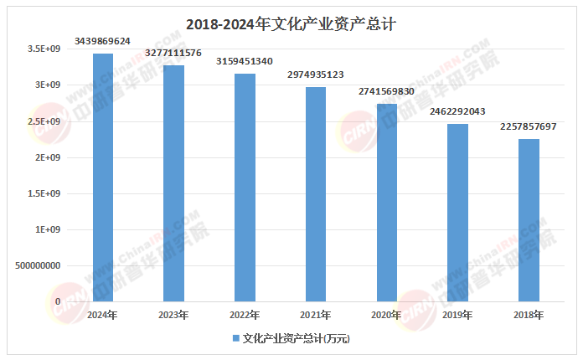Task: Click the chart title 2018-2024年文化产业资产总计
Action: [x=291, y=24]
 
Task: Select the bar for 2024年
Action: [x=102, y=177]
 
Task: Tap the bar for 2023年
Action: [x=173, y=183]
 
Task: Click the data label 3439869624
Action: [x=102, y=40]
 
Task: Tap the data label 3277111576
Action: [x=173, y=52]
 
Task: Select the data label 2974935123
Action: [x=315, y=74]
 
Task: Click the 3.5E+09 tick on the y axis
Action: [x=44, y=49]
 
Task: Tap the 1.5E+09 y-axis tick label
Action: [x=44, y=193]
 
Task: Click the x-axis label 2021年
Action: [x=315, y=315]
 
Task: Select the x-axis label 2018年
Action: [x=528, y=315]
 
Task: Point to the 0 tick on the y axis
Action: [x=58, y=301]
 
